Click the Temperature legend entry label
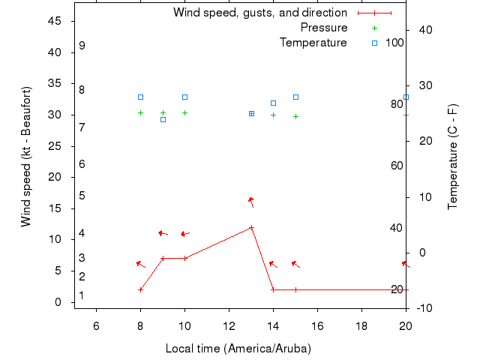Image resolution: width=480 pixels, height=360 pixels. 313,43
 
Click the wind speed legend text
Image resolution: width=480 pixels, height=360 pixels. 259,13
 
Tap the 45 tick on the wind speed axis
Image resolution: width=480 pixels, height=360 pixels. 55,21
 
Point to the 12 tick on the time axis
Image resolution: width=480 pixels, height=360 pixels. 229,325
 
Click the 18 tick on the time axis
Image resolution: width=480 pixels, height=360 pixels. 361,325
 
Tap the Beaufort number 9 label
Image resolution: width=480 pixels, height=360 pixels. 82,46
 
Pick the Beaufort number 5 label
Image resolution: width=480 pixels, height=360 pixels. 82,196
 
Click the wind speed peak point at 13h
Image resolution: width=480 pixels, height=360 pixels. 251,227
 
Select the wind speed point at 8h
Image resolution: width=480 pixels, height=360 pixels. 140,289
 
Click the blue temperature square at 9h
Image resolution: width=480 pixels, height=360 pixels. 163,119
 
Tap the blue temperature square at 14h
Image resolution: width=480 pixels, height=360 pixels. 273,103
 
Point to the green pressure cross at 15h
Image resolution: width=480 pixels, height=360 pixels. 295,116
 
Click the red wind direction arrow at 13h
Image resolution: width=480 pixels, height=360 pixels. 251,201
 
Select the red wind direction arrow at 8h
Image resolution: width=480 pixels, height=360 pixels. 139,263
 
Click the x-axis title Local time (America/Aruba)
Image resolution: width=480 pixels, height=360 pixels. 238,349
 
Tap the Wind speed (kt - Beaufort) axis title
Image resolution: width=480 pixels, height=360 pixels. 26,156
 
